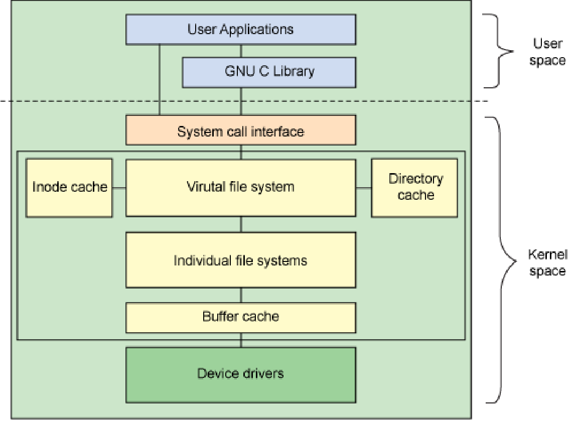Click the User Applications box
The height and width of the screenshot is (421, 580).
click(x=241, y=29)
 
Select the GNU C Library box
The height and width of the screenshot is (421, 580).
click(x=269, y=71)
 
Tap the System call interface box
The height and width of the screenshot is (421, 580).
click(x=241, y=131)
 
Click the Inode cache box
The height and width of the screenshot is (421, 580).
click(x=69, y=188)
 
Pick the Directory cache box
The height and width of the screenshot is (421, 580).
click(x=414, y=188)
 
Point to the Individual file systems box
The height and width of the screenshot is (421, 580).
click(x=241, y=260)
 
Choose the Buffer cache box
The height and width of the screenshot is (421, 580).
click(x=241, y=317)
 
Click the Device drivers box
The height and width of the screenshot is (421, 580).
click(x=241, y=373)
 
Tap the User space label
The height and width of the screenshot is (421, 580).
click(x=547, y=52)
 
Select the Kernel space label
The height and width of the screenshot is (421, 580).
click(x=547, y=262)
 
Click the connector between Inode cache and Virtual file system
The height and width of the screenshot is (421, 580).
click(x=119, y=188)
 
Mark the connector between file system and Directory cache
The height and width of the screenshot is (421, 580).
click(x=364, y=188)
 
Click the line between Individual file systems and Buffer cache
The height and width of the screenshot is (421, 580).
click(x=241, y=295)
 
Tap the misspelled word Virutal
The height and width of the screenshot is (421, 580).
click(x=204, y=187)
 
